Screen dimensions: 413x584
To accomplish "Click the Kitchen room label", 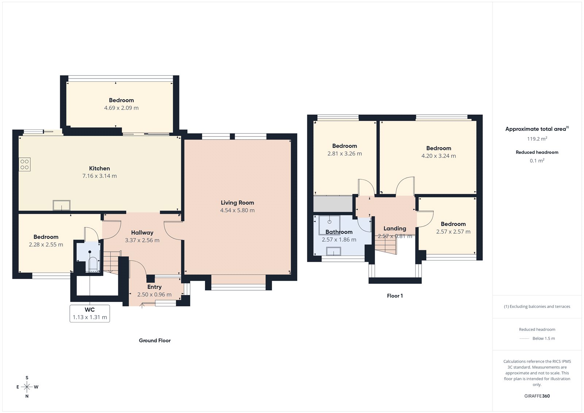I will (99, 168).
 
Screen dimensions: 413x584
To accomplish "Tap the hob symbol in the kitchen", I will (24, 164).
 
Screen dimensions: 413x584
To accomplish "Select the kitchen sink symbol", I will (61, 205).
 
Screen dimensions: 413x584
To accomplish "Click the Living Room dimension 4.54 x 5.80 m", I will (237, 210).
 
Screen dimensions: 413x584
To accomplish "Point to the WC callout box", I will (90, 313).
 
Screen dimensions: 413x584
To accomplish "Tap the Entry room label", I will (154, 287).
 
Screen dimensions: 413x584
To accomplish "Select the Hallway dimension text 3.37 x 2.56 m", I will (142, 240).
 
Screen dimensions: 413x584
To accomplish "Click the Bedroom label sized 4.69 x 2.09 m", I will (121, 100).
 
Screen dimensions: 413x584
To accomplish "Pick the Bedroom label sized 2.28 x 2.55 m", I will (46, 237).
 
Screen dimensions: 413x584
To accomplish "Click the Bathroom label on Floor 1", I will (339, 232).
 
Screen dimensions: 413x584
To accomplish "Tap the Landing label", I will (395, 228).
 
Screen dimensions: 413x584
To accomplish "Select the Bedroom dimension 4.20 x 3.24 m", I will (438, 156).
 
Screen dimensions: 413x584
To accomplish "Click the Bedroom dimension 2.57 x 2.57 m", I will (453, 232).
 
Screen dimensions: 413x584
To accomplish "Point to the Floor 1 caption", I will (395, 296).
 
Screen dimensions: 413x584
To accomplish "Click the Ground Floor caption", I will (155, 340).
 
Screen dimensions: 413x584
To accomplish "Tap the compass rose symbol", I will (27, 387).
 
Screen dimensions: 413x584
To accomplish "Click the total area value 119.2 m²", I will (537, 139).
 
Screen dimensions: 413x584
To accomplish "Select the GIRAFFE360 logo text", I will (537, 396).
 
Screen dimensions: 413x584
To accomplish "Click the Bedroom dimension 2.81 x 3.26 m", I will (345, 154).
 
